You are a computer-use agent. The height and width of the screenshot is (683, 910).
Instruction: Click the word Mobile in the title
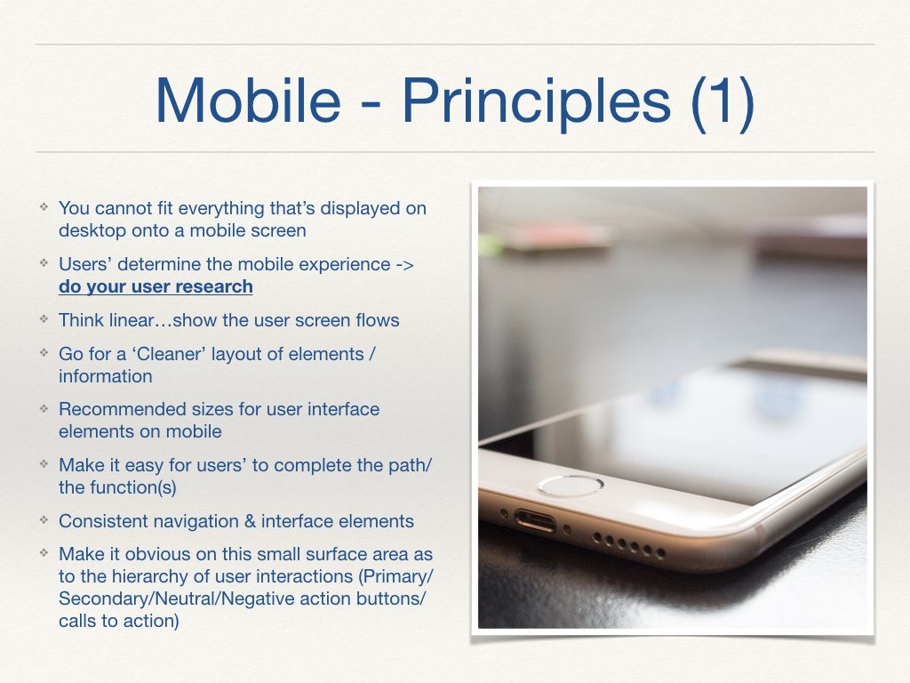point(246,100)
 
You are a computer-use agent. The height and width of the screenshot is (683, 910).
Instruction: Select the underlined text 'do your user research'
point(156,287)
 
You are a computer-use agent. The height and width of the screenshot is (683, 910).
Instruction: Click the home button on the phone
point(571,486)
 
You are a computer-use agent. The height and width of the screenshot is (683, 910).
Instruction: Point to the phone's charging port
point(534,521)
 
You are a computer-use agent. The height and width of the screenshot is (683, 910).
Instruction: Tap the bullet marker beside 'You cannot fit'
point(43,207)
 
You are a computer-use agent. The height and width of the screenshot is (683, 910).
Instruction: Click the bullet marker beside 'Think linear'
point(43,319)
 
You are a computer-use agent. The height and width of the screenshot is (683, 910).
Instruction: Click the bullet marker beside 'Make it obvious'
point(43,553)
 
